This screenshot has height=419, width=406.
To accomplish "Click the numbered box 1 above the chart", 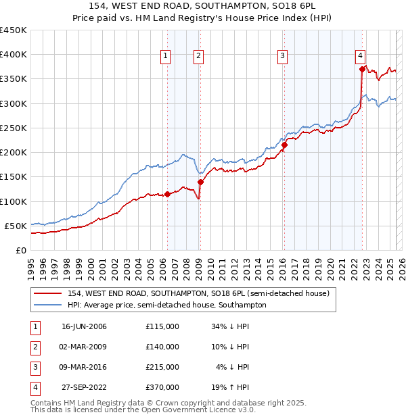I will click(x=166, y=56).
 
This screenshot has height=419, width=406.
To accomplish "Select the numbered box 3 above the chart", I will click(x=282, y=56).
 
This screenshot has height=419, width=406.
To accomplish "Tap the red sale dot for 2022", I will click(x=362, y=69).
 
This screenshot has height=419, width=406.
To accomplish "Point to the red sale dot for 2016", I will click(x=284, y=145).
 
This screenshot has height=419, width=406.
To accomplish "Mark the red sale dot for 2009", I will click(x=200, y=182).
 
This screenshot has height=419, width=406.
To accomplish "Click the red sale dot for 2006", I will click(x=168, y=194).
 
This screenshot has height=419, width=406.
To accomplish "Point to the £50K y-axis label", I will click(x=16, y=226).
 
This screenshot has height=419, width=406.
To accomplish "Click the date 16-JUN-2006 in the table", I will click(x=84, y=326).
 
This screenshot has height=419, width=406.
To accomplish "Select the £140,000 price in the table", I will click(x=162, y=347).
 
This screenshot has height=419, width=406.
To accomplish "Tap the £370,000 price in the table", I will click(x=162, y=387).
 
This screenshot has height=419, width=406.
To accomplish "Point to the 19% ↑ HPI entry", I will click(x=231, y=387).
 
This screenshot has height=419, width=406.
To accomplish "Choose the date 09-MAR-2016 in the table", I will click(x=84, y=367).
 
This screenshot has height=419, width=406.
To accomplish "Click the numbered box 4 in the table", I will click(x=34, y=387).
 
